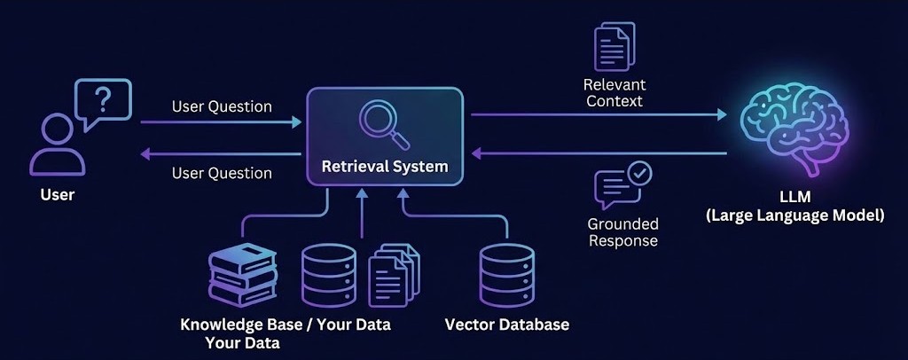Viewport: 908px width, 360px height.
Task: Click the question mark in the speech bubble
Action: (104, 100)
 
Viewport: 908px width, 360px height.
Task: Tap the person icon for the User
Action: (54, 146)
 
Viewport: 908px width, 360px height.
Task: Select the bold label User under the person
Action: (58, 195)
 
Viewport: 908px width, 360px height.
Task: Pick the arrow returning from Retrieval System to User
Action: (222, 154)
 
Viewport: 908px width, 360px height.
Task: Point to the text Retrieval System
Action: (384, 166)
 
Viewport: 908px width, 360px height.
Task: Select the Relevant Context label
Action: (614, 93)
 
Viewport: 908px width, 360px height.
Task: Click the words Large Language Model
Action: (795, 215)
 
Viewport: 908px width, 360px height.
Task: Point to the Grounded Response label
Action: (622, 231)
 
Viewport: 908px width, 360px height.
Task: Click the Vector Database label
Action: (506, 325)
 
